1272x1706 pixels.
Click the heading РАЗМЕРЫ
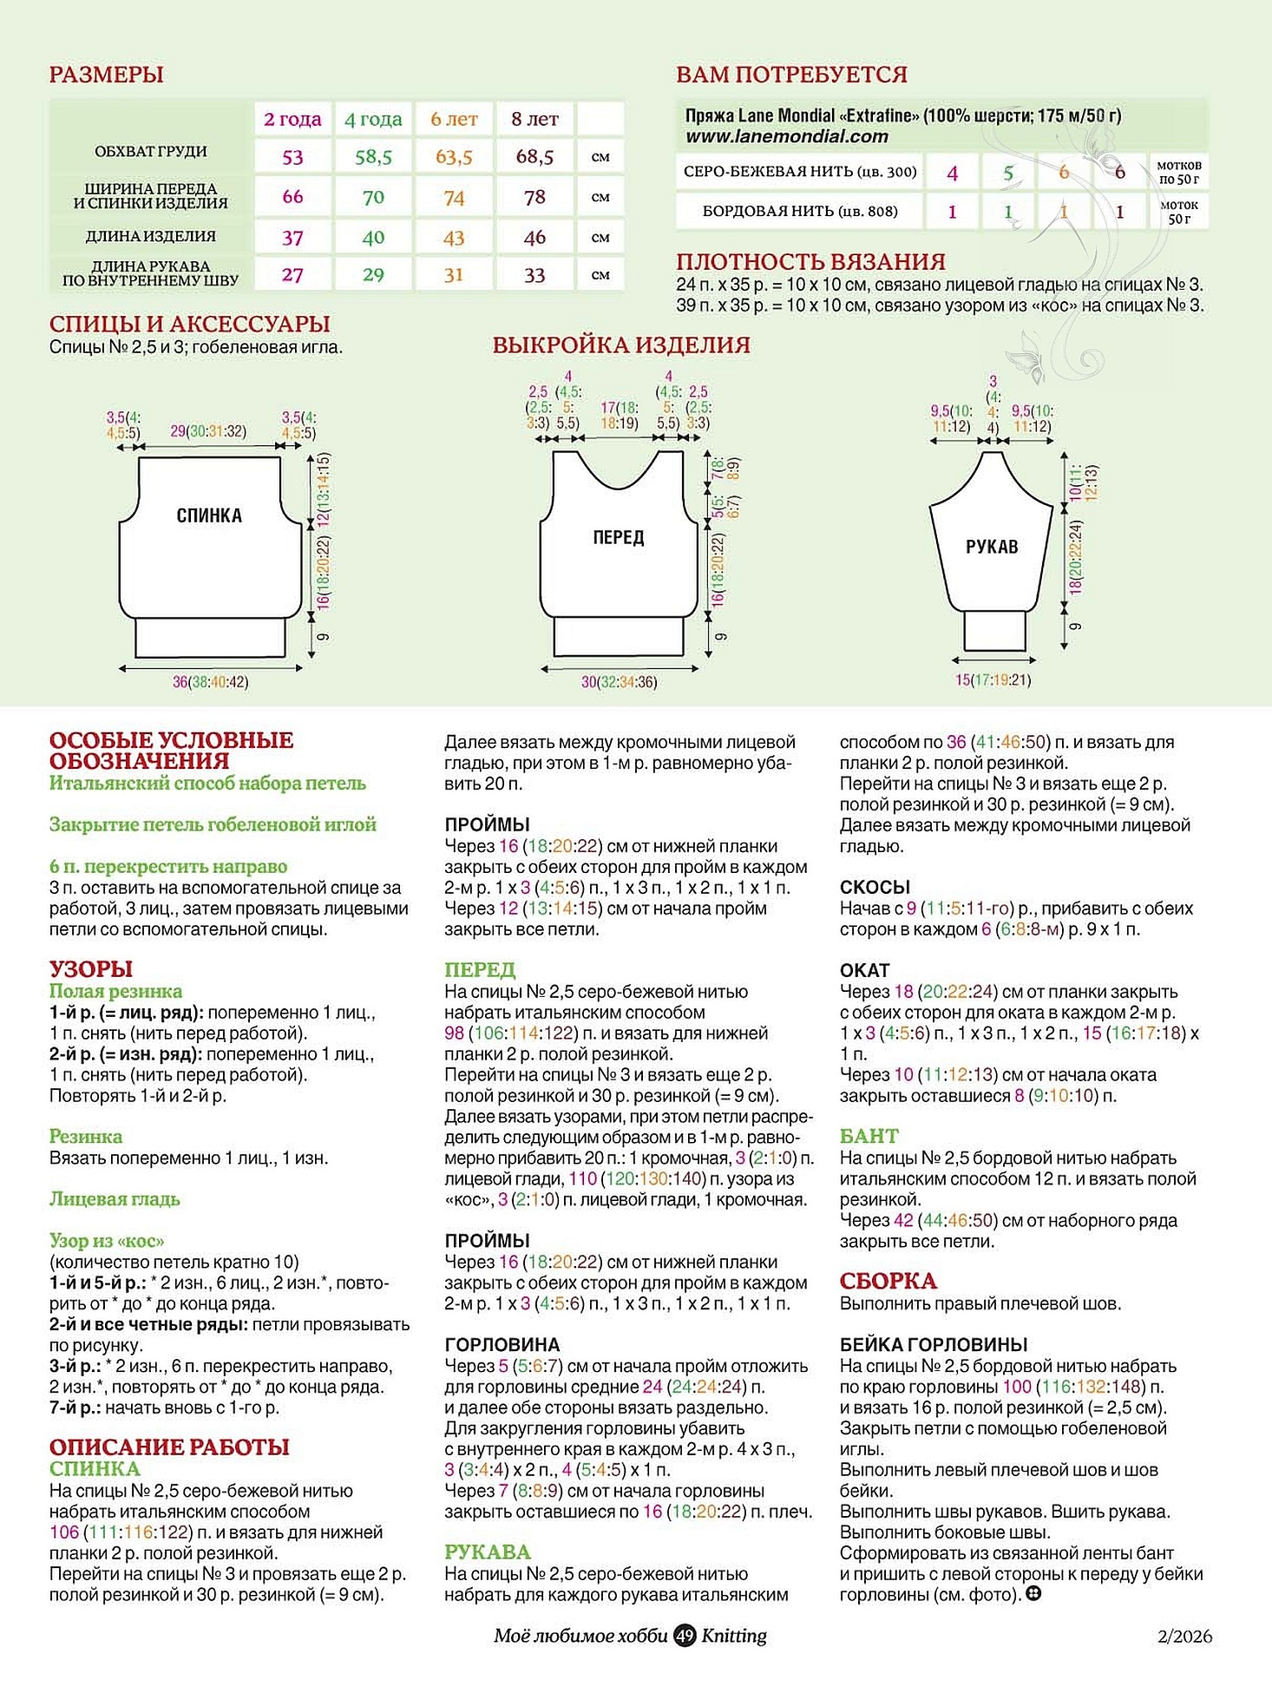point(106,75)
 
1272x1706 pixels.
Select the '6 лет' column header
point(454,119)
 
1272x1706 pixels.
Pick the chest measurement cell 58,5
point(373,157)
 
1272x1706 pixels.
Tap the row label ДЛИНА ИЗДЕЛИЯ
point(150,236)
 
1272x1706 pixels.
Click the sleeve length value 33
point(534,275)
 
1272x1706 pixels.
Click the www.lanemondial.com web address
point(786,136)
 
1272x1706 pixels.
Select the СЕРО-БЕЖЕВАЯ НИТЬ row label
point(799,172)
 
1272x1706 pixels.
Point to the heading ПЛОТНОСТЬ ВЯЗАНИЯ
point(810,261)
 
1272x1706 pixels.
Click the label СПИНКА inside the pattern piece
point(209,515)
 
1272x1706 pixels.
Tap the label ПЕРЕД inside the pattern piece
point(618,537)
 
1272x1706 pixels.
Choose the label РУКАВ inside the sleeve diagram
point(992,547)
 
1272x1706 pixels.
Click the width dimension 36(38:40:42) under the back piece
point(210,682)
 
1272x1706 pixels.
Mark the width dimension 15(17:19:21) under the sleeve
point(993,680)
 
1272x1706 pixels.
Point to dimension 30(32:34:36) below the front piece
point(619,682)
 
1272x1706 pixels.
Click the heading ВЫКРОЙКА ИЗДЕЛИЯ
point(620,345)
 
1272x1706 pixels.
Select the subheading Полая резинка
point(115,991)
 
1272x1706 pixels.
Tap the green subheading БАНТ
point(869,1136)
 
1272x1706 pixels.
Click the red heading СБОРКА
point(888,1281)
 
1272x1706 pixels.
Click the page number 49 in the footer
point(685,1636)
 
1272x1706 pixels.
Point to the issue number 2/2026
point(1184,1637)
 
